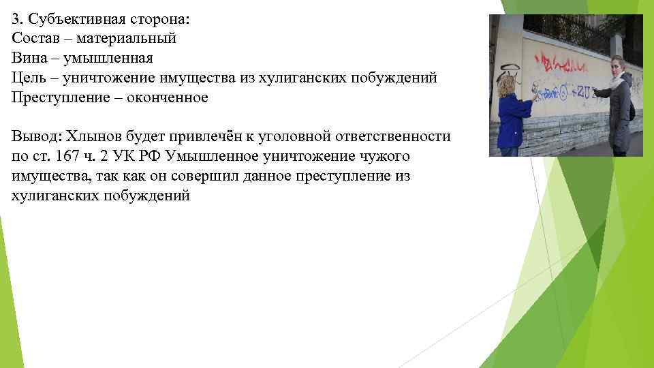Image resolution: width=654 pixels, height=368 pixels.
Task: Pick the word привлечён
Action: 210,136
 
